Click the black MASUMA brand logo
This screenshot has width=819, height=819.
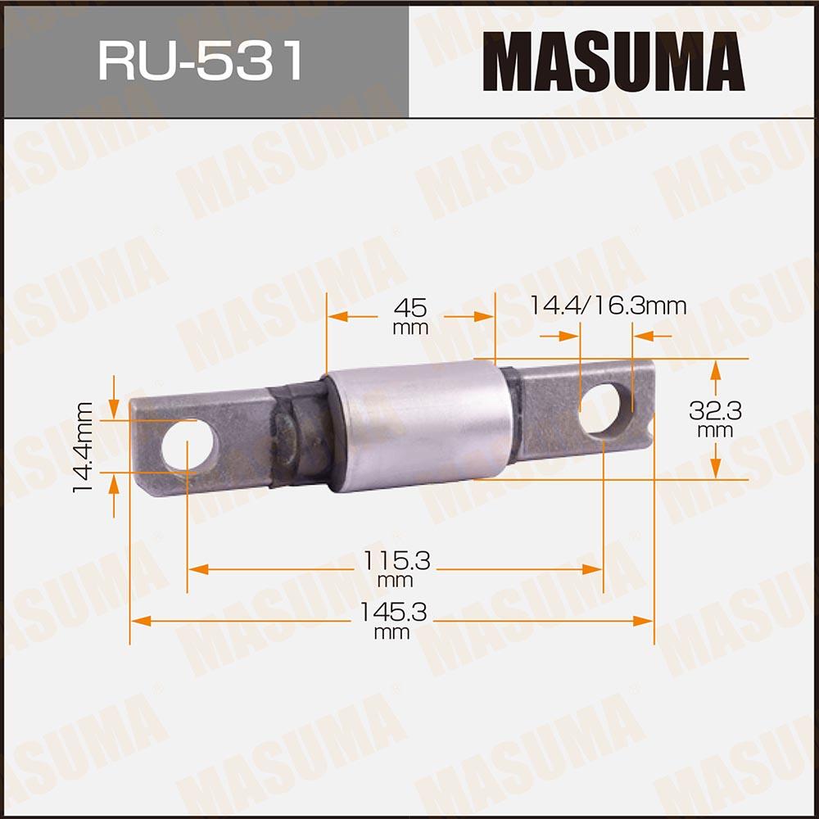(613, 61)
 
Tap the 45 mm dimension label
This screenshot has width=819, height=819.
(410, 315)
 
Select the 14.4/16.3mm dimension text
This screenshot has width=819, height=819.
(607, 306)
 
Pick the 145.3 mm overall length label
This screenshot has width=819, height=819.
(391, 621)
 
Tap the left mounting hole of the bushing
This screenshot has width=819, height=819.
(188, 446)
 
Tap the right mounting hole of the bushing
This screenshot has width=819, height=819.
(600, 409)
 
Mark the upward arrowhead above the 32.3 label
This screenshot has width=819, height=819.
(716, 369)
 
